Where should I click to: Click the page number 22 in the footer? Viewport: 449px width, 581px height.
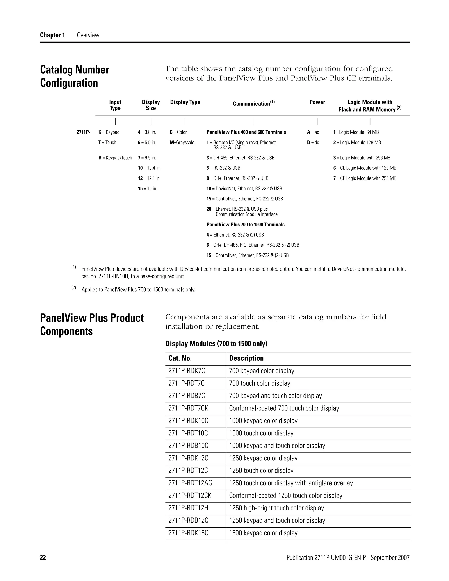(43, 558)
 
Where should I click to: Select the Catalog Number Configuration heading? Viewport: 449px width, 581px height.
(75, 76)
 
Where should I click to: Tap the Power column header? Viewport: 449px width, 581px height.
(317, 102)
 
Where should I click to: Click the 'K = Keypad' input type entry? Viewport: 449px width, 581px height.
(109, 132)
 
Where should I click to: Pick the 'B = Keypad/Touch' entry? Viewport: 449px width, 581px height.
(115, 158)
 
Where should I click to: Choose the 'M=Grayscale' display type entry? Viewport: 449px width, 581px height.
(182, 143)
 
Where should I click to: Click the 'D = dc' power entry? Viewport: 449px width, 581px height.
(313, 143)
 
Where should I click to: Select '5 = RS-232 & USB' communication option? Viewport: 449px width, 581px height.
(223, 168)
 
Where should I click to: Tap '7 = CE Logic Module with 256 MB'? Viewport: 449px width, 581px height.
(365, 178)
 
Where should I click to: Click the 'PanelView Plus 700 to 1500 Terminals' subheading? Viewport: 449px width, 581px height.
(246, 225)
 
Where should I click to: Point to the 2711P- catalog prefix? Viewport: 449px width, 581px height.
(83, 132)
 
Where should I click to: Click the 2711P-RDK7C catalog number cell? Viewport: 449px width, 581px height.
(187, 371)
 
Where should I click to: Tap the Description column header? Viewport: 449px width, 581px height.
(246, 358)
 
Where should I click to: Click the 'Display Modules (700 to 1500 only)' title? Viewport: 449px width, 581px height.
(216, 344)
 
